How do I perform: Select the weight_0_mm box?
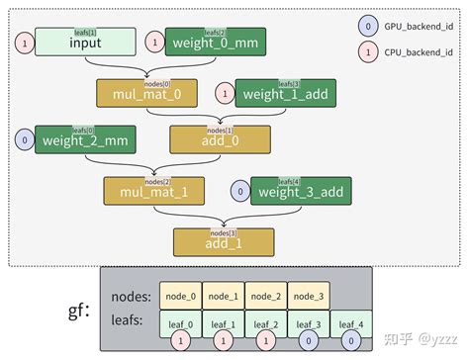click(216, 42)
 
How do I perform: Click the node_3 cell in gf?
click(308, 296)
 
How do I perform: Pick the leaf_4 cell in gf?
click(350, 322)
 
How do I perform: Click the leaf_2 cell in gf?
click(265, 322)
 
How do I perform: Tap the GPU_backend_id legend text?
click(419, 26)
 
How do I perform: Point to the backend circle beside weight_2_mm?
click(23, 140)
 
